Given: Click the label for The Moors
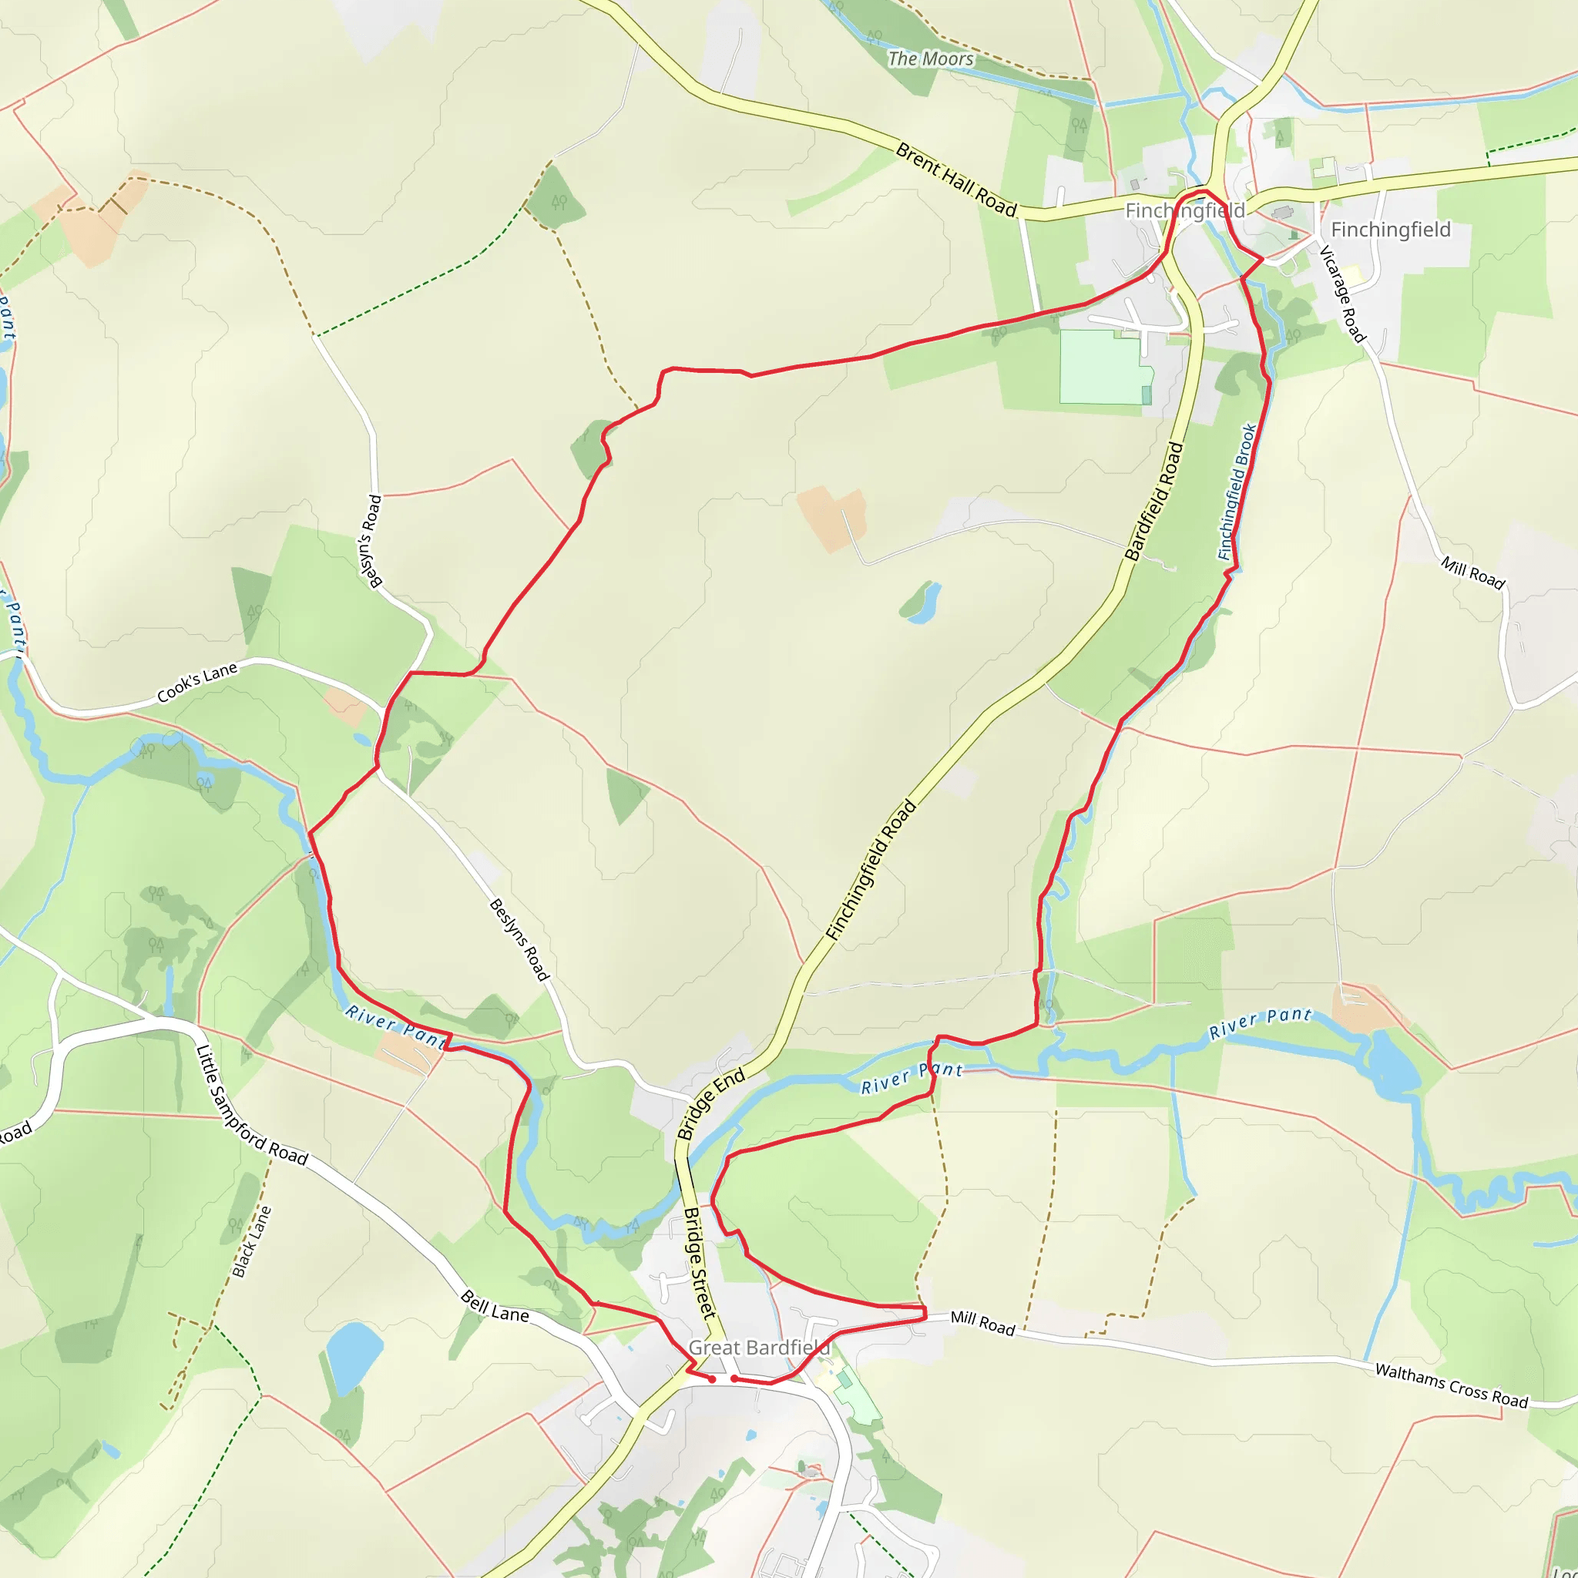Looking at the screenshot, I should (x=930, y=59).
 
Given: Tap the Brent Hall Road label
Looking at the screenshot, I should (x=955, y=180).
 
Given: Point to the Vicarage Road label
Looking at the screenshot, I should (x=1342, y=294).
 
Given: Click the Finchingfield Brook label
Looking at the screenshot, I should (x=1237, y=492).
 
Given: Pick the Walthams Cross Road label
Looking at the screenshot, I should (x=1452, y=1385).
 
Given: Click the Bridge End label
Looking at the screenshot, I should (x=710, y=1103).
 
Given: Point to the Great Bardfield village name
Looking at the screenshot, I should (x=760, y=1348).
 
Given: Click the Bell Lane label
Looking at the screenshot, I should (x=495, y=1306).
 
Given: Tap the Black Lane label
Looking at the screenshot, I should (x=250, y=1241).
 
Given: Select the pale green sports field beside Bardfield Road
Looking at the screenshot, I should (x=1103, y=367).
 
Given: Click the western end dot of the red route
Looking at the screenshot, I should (x=712, y=1379).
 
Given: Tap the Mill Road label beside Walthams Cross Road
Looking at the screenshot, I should (x=982, y=1323).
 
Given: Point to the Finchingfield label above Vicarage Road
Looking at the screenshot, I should (x=1391, y=230).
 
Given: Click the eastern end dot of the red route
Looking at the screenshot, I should (x=734, y=1378).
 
